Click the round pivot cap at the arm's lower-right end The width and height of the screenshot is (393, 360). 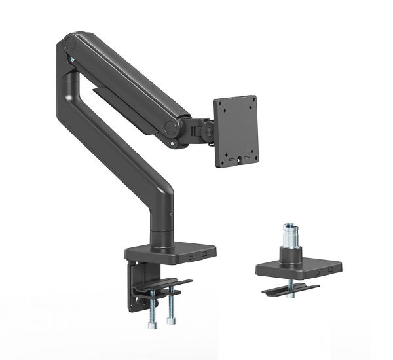tap(170, 126)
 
